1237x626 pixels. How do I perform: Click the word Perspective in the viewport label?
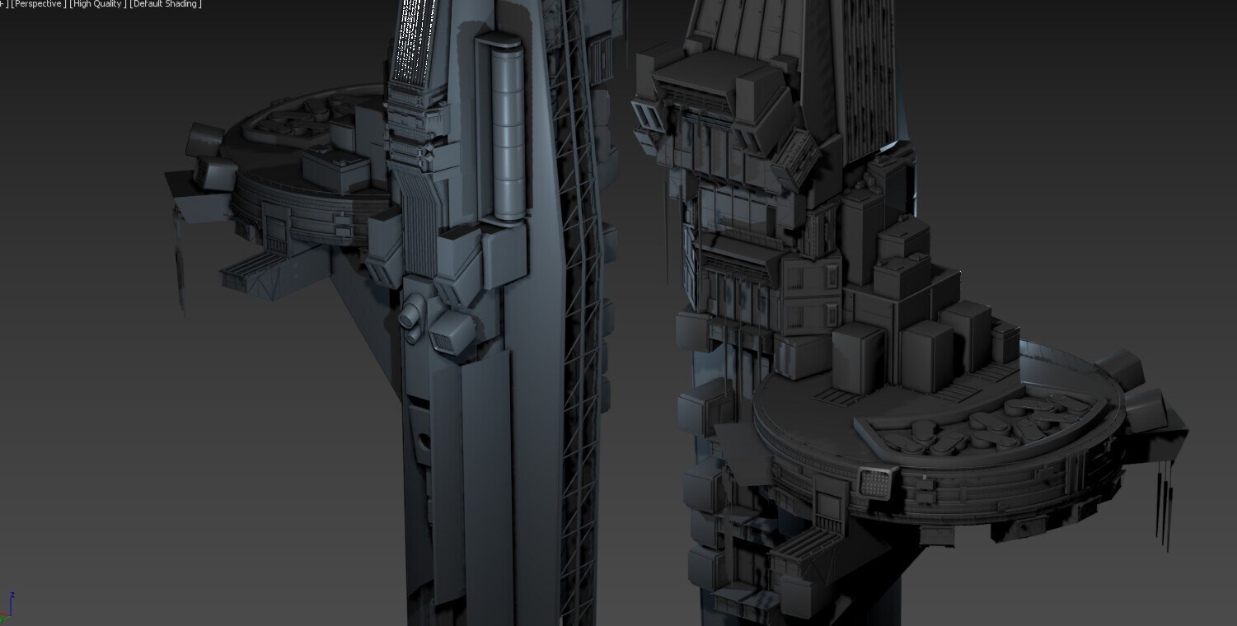38,4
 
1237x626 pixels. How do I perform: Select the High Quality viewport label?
97,4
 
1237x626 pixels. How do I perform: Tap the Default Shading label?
166,4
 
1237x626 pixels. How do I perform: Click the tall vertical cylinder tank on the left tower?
508,133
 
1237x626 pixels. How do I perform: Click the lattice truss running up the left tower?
577,309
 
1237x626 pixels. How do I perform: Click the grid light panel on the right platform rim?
875,483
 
